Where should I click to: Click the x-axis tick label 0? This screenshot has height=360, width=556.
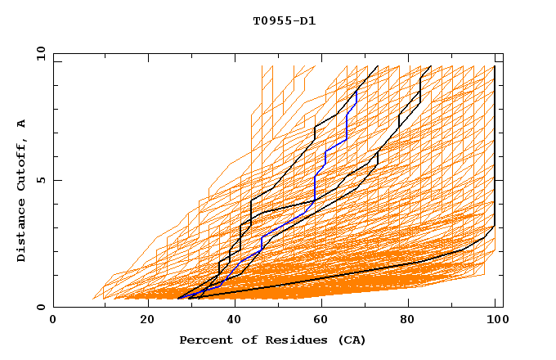click(53, 321)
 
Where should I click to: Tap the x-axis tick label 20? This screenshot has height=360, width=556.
click(148, 321)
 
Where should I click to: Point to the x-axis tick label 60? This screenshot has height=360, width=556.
click(325, 321)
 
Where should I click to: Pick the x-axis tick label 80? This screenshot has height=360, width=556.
click(413, 321)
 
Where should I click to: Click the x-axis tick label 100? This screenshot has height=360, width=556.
click(495, 321)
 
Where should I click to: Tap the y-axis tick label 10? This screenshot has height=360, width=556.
click(40, 53)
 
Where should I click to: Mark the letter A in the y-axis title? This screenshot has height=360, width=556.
click(22, 124)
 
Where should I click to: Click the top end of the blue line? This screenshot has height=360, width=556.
click(356, 91)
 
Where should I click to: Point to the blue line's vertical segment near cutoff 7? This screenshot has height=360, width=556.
click(347, 127)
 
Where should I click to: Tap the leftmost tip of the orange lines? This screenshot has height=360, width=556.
click(93, 299)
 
